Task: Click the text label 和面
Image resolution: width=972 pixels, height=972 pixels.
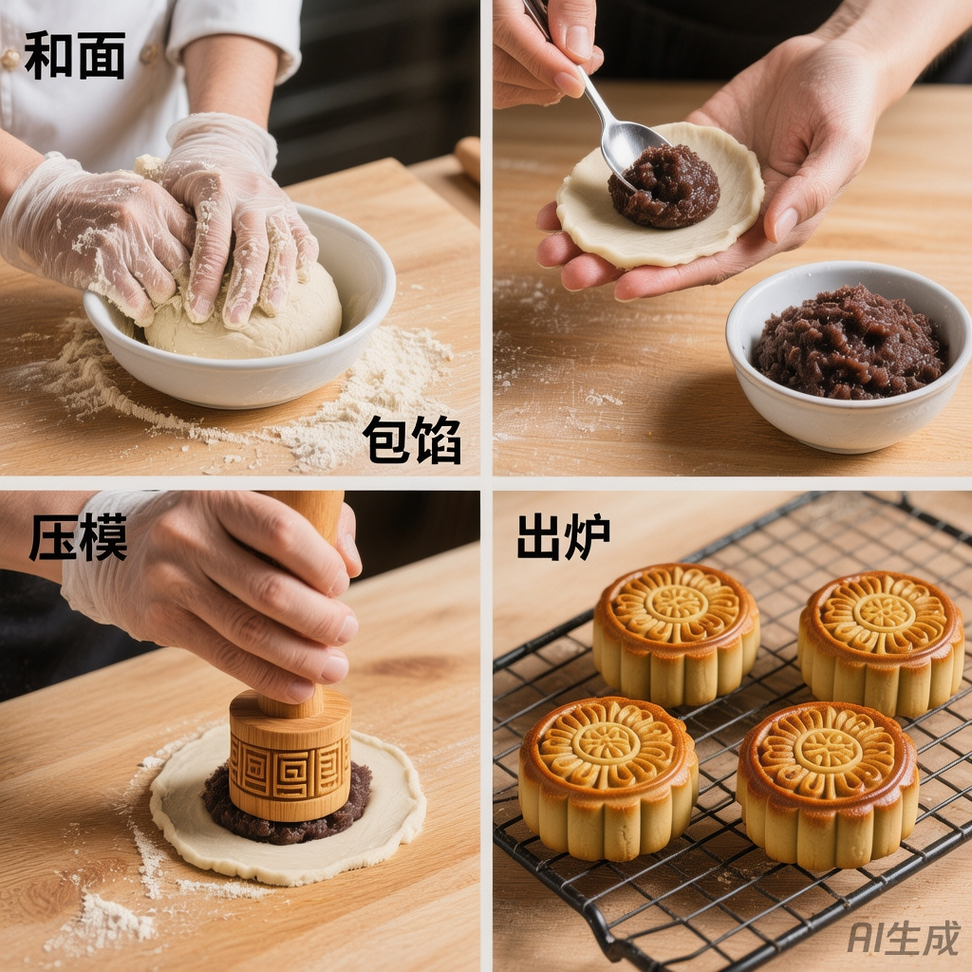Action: (75, 56)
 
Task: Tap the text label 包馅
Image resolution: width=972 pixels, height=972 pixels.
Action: (412, 439)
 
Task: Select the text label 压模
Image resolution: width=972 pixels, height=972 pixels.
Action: (78, 537)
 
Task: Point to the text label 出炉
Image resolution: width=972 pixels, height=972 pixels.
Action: (564, 537)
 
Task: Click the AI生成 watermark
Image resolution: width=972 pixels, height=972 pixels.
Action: (904, 937)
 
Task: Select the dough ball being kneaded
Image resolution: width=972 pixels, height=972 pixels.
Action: (245, 316)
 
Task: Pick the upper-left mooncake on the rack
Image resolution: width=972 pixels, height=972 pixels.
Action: (676, 633)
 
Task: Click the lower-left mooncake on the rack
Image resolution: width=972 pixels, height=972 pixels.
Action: (608, 777)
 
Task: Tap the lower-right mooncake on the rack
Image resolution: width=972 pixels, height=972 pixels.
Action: (827, 785)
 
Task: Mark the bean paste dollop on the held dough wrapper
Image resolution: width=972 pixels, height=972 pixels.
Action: (664, 187)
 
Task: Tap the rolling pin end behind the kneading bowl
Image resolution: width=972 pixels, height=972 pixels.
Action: (468, 159)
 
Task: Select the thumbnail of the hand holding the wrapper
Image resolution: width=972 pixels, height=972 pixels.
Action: (785, 224)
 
